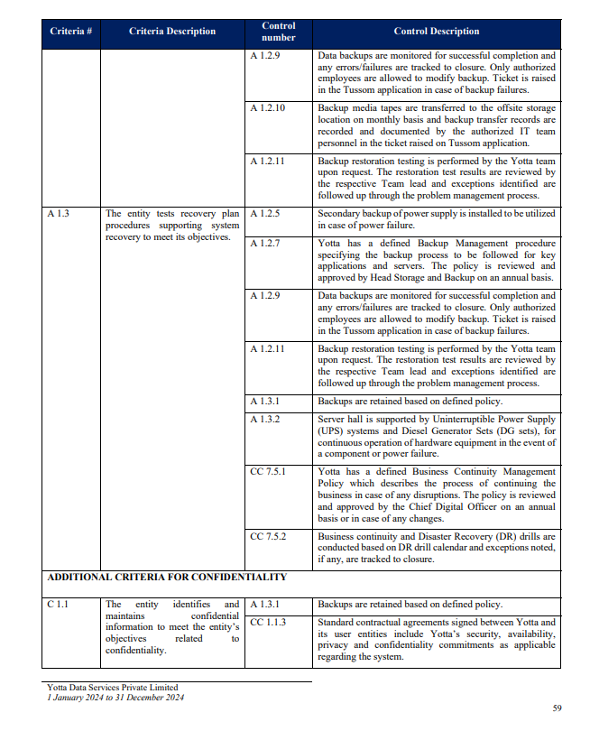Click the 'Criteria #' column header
point(71,32)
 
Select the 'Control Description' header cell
point(437,32)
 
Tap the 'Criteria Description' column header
point(172,32)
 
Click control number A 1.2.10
point(268,108)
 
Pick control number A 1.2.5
point(265,214)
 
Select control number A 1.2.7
point(265,244)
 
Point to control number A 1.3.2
point(265,420)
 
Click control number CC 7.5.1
point(268,471)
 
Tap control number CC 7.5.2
point(268,536)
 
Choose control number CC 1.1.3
point(268,623)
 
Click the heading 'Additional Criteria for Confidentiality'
point(167,577)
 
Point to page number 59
point(556,708)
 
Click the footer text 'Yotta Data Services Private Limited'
point(112,688)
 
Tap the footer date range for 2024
point(115,697)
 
